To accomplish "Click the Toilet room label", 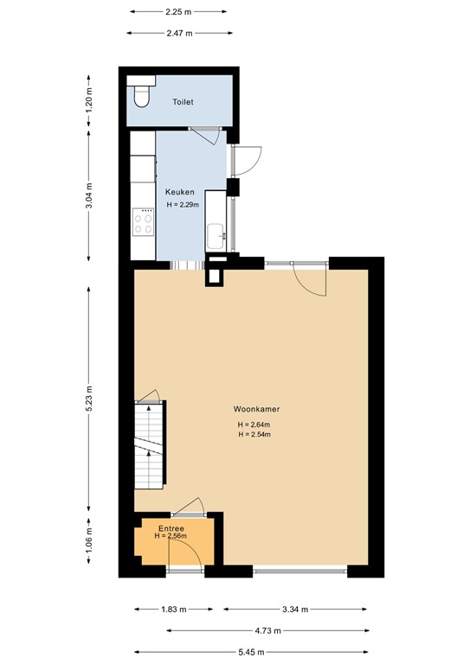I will pos(183,102).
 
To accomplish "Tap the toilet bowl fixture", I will pos(140,93).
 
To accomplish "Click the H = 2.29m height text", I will pos(183,205).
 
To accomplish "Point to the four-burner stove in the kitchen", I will pos(144,224).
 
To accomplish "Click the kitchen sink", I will pos(216,233).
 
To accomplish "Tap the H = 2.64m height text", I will pos(254,425).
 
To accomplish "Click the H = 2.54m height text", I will pos(254,434).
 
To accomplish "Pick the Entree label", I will pos(171,527).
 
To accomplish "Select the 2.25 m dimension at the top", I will pos(178,12).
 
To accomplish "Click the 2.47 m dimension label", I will pos(178,33).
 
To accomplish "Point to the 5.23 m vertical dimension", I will pos(89,399).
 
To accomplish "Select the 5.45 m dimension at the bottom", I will pos(252,652).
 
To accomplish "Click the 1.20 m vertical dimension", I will pos(89,102).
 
